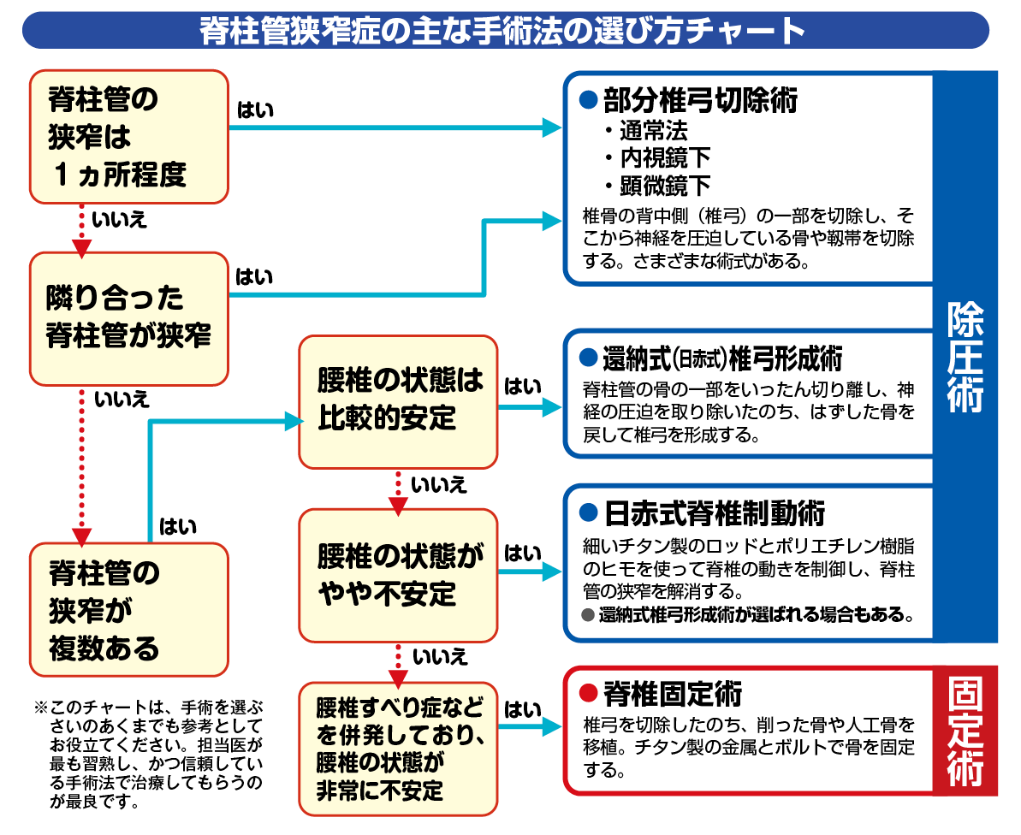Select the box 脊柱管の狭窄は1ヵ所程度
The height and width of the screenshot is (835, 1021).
point(129,137)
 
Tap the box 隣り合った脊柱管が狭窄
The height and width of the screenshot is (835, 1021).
point(129,317)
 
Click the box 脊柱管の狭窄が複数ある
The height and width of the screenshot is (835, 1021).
point(129,610)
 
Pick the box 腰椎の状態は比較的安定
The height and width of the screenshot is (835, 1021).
point(397,400)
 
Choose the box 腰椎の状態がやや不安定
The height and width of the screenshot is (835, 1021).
point(397,575)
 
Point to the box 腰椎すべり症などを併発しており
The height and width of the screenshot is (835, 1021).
point(397,748)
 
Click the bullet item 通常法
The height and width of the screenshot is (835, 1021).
point(654,131)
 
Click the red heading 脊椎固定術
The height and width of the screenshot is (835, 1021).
point(672,692)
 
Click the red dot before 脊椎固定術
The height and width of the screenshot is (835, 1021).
point(587,692)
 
